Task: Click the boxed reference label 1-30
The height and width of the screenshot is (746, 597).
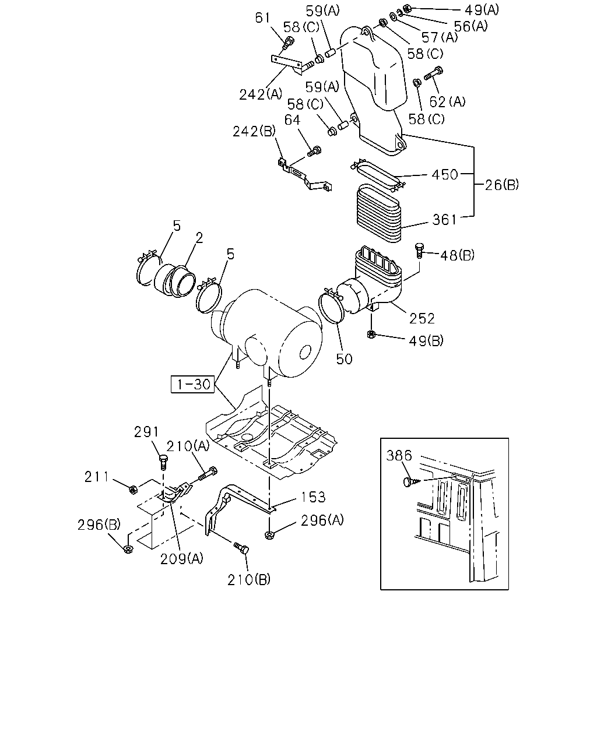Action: pos(192,384)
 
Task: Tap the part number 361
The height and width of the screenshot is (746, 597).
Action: pos(444,220)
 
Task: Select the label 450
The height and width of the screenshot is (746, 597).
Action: pos(445,175)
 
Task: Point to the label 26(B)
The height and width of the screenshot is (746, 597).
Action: pos(501,185)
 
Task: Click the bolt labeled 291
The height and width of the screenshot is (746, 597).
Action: pos(163,462)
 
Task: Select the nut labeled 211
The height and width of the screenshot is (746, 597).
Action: pos(132,490)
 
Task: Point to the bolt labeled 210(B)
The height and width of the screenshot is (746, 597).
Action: pos(241,548)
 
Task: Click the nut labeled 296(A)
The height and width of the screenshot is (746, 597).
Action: pos(269,535)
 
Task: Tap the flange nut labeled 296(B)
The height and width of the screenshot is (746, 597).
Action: pos(128,549)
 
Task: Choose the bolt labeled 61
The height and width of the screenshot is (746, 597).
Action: pos(289,43)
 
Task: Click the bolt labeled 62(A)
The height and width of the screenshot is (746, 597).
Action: pos(434,73)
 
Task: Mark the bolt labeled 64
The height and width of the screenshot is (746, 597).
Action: pos(315,151)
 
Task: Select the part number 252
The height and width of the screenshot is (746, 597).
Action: pos(422,319)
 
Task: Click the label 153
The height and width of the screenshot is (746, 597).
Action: pos(313,498)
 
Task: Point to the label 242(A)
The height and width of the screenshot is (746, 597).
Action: pos(261,94)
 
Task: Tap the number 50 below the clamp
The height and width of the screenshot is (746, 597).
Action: pos(344,359)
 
